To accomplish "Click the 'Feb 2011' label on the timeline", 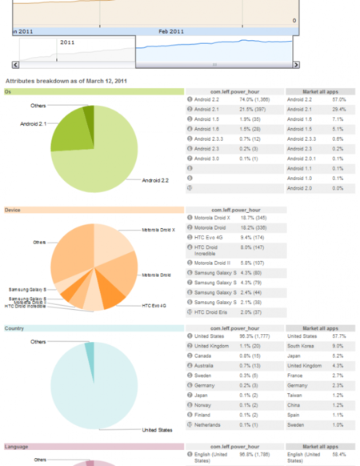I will (170, 31).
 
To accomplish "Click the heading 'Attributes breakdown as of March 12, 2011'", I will (66, 81).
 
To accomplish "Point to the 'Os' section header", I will (8, 91).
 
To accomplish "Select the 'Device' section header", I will (12, 210).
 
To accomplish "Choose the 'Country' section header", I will (14, 328).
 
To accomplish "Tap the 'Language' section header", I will (16, 446).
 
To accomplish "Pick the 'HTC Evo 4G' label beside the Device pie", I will (153, 305).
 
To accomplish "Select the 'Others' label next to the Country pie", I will (38, 341).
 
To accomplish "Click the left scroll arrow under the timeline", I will (15, 64).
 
